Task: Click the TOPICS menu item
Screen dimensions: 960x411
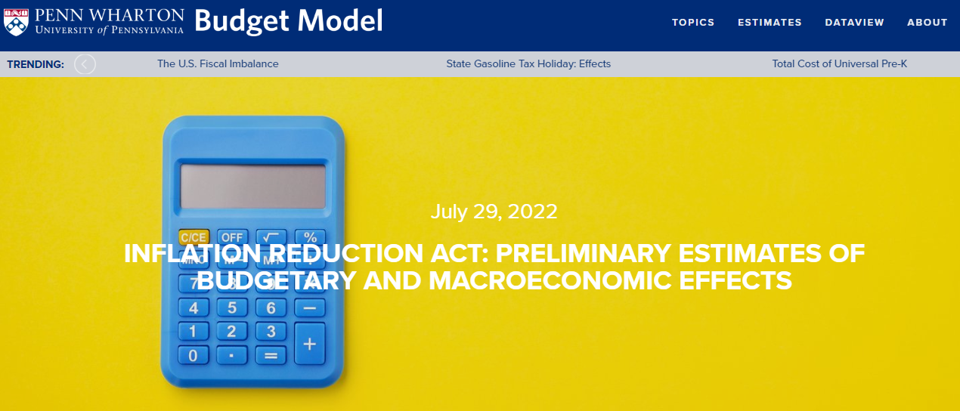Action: point(693,22)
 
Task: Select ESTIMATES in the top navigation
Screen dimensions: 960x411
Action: point(770,22)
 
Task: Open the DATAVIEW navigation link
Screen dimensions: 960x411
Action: point(855,22)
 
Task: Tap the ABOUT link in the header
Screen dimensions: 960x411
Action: point(927,22)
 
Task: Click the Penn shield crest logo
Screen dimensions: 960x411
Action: point(16,22)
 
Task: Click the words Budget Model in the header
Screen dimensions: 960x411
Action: point(289,21)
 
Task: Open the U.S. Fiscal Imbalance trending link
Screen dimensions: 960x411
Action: point(218,64)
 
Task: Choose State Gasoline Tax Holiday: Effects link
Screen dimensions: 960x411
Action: point(528,64)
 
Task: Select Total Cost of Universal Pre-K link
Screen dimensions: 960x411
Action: point(840,64)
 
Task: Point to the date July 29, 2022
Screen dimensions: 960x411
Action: point(494,212)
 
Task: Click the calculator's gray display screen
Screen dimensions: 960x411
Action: point(253,187)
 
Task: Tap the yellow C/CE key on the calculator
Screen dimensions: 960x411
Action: point(194,237)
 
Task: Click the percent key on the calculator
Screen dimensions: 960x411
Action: point(310,237)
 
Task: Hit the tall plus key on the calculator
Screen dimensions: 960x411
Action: point(309,343)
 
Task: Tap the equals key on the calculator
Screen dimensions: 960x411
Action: point(271,355)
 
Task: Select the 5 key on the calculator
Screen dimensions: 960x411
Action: point(232,307)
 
